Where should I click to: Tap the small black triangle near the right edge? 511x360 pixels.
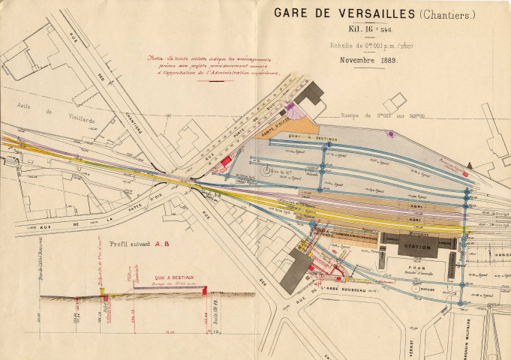469,163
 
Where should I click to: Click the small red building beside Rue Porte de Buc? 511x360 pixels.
224,160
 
